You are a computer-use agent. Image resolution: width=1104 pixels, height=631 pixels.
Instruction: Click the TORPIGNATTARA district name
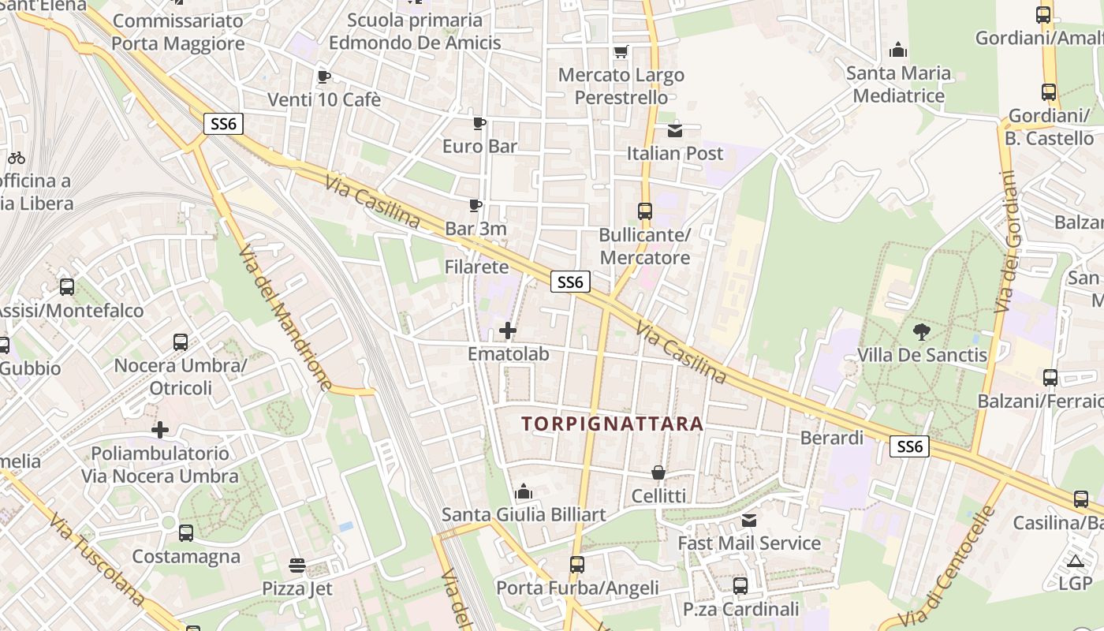pyautogui.click(x=612, y=424)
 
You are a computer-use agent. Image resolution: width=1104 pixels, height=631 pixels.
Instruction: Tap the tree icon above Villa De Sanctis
pyautogui.click(x=921, y=332)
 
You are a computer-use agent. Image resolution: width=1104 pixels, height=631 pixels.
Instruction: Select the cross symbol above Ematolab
pyautogui.click(x=508, y=330)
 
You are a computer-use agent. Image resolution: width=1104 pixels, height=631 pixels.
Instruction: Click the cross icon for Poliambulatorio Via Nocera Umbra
pyautogui.click(x=160, y=430)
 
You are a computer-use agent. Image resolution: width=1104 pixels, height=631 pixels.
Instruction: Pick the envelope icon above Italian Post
pyautogui.click(x=675, y=130)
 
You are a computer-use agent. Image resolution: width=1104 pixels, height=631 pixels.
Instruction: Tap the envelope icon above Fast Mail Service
pyautogui.click(x=749, y=521)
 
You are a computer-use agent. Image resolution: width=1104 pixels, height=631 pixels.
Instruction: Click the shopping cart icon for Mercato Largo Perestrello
pyautogui.click(x=621, y=52)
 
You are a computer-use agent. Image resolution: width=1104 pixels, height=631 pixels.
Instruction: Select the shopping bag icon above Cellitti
pyautogui.click(x=658, y=472)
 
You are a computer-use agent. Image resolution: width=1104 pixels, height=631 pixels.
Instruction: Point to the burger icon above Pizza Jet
pyautogui.click(x=297, y=566)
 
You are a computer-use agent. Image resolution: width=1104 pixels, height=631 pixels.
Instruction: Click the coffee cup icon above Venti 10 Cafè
pyautogui.click(x=323, y=77)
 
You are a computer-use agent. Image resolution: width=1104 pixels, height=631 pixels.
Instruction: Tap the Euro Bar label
pyautogui.click(x=479, y=146)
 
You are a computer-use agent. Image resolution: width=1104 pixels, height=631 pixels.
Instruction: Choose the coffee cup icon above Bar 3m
pyautogui.click(x=476, y=206)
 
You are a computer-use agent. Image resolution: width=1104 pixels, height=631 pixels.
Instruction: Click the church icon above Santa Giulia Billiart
pyautogui.click(x=524, y=492)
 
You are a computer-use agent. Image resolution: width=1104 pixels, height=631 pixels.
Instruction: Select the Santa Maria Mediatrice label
pyautogui.click(x=898, y=84)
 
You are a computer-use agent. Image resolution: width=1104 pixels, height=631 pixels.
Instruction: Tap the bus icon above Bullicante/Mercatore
pyautogui.click(x=645, y=211)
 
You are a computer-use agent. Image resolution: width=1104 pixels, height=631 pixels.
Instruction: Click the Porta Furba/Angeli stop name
pyautogui.click(x=577, y=588)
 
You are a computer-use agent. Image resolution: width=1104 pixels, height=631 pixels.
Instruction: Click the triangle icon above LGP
pyautogui.click(x=1075, y=561)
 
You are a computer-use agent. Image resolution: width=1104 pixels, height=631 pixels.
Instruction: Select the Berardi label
pyautogui.click(x=832, y=437)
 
